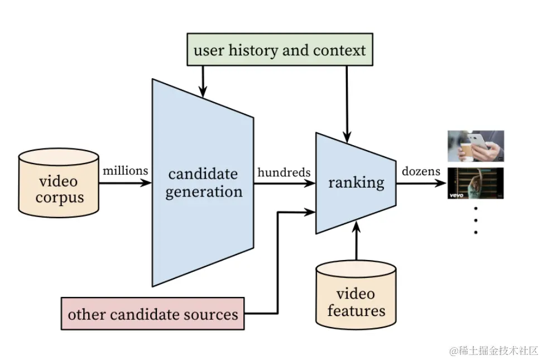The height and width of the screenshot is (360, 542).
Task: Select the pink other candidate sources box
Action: [153, 314]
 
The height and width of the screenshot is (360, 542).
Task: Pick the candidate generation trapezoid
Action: [203, 183]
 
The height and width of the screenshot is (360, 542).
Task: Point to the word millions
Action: [126, 170]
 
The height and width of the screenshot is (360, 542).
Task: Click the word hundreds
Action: [284, 172]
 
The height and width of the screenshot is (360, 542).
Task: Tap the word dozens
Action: [421, 171]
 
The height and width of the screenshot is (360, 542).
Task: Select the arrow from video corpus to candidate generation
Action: [125, 183]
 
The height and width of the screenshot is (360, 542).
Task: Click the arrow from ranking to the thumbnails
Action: [421, 183]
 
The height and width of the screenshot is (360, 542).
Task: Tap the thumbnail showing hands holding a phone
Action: [476, 146]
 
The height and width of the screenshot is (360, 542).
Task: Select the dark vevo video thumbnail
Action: [476, 184]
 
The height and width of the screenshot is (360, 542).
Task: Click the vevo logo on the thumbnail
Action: [457, 195]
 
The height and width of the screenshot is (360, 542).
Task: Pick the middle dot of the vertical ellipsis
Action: [476, 220]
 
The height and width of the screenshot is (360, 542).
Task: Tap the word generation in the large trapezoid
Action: [204, 192]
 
